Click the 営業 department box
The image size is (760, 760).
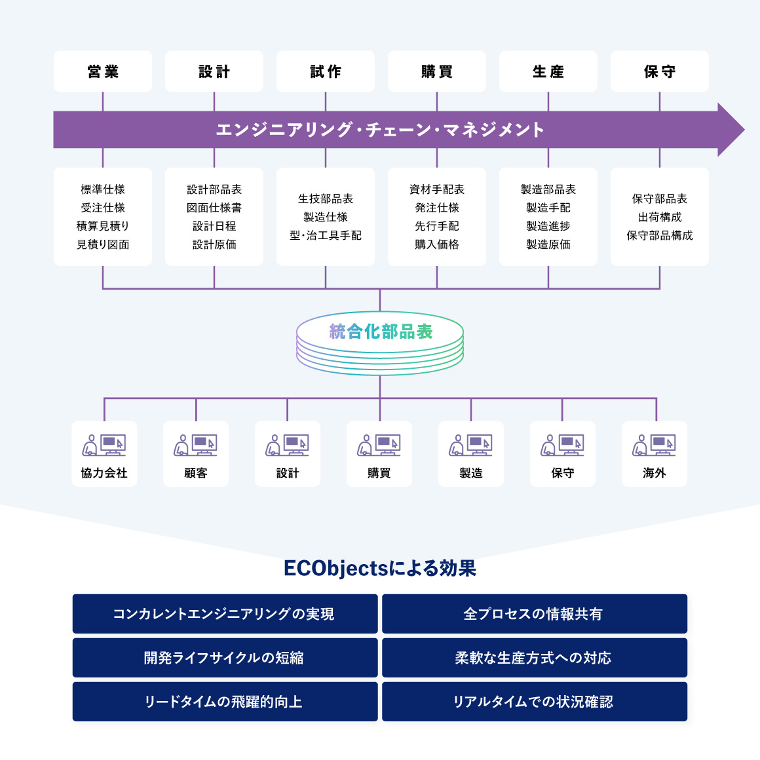pyautogui.click(x=103, y=71)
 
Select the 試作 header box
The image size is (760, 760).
pyautogui.click(x=326, y=71)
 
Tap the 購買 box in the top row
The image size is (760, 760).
pyautogui.click(x=437, y=71)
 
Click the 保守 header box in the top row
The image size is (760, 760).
pyautogui.click(x=660, y=71)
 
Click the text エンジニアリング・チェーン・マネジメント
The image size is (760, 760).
pyautogui.click(x=380, y=130)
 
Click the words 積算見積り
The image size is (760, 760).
pyautogui.click(x=103, y=226)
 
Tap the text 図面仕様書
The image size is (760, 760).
pyautogui.click(x=214, y=208)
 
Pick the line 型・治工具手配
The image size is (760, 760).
pyautogui.click(x=326, y=235)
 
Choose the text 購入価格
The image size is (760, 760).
pyautogui.click(x=437, y=244)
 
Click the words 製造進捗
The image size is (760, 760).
pyautogui.click(x=548, y=226)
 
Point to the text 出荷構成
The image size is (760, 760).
pyautogui.click(x=660, y=217)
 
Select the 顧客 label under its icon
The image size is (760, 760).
pyautogui.click(x=196, y=473)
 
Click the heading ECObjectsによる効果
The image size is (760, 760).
pyautogui.click(x=380, y=568)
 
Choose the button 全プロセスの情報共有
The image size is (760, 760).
pyautogui.click(x=535, y=614)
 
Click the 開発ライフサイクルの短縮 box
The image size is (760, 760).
pyautogui.click(x=225, y=658)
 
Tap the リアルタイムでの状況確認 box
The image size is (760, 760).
pyautogui.click(x=535, y=702)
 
